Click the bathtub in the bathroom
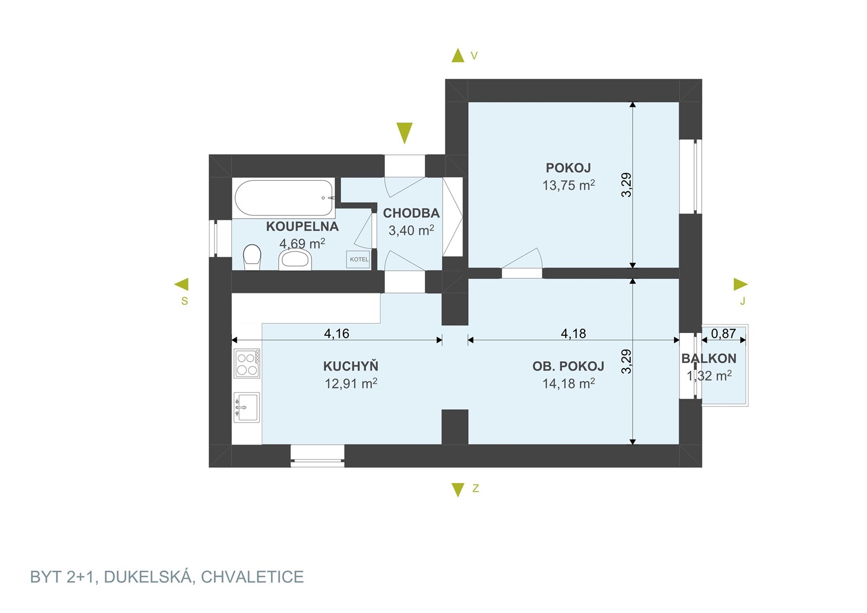(x=284, y=198)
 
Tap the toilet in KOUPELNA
(x=252, y=257)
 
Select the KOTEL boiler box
(x=358, y=259)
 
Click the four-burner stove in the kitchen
(x=247, y=363)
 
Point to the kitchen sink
(x=247, y=407)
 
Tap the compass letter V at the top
(x=474, y=56)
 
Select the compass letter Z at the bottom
(x=476, y=488)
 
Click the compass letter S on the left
(x=185, y=301)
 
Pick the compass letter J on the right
(x=742, y=301)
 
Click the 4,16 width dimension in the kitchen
(x=337, y=334)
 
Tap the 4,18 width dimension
(x=573, y=334)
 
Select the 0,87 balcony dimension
(x=723, y=334)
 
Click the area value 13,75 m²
(x=568, y=185)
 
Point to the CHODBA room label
(x=411, y=213)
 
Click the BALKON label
(x=709, y=358)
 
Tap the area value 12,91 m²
(x=351, y=383)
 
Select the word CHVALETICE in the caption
(x=253, y=577)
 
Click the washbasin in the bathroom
(x=295, y=259)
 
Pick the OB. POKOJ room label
(x=568, y=366)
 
